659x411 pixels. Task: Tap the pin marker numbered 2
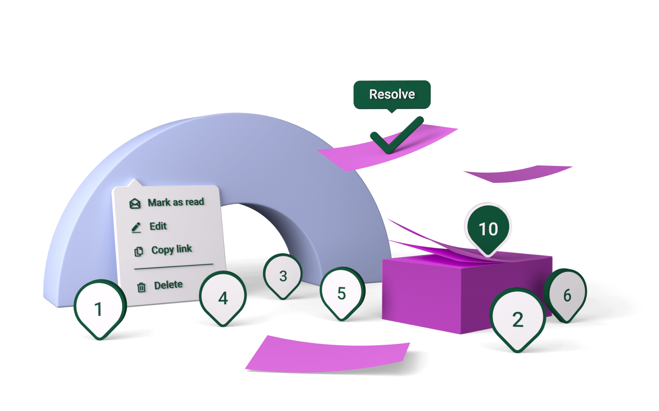click(517, 319)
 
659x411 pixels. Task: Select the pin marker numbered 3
click(283, 276)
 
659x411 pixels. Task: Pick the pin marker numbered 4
click(223, 298)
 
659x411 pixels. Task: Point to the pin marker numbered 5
click(342, 293)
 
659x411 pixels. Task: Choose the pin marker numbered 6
click(567, 295)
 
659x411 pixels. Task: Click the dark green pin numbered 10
click(488, 229)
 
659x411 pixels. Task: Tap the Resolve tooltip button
click(392, 94)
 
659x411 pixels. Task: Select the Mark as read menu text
click(176, 202)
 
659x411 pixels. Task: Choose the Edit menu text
click(158, 226)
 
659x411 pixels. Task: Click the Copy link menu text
click(171, 249)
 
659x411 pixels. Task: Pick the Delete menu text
click(168, 285)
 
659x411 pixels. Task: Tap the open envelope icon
click(135, 204)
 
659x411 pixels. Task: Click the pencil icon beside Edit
click(136, 227)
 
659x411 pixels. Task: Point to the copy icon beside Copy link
click(139, 251)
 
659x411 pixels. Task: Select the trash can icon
click(141, 287)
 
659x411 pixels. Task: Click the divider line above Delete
click(174, 266)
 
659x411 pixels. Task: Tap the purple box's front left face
click(420, 295)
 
